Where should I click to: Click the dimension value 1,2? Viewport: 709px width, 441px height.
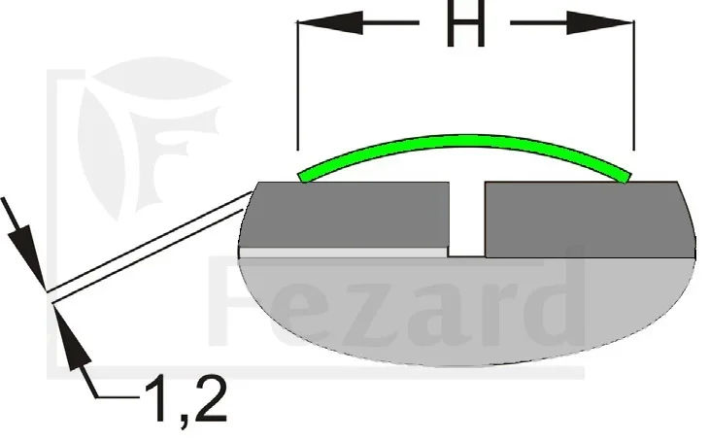pos(186,399)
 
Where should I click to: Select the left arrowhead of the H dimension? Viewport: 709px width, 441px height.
pos(330,22)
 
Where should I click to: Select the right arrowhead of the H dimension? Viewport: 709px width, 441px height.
pos(600,22)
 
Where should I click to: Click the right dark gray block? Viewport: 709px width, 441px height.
pos(588,220)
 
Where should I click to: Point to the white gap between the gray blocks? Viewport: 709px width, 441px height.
pos(467,220)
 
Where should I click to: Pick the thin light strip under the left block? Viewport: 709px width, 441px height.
pos(344,253)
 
